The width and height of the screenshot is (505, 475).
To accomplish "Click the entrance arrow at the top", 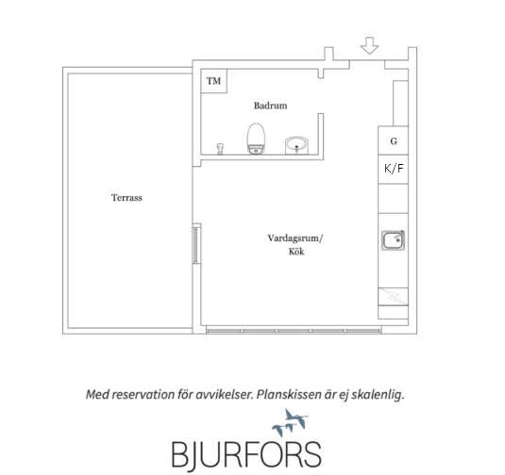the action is click(369, 45).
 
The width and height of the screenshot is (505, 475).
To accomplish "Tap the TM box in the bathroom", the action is click(214, 81).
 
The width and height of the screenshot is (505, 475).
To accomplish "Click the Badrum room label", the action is click(271, 106).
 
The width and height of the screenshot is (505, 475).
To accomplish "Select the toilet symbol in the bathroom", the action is click(256, 139).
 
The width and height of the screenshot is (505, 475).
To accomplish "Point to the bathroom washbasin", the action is click(296, 145).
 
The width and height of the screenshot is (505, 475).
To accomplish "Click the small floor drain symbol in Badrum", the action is click(220, 149).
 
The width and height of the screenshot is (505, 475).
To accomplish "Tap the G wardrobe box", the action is click(393, 140).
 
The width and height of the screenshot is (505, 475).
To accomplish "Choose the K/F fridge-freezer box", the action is click(393, 169).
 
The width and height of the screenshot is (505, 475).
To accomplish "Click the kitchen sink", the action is click(393, 240).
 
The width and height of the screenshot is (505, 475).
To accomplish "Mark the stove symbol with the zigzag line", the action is click(393, 296).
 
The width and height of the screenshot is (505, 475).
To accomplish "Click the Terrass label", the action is click(126, 198).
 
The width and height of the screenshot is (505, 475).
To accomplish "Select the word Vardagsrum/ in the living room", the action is click(295, 238).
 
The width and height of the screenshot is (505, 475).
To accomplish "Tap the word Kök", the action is click(296, 252).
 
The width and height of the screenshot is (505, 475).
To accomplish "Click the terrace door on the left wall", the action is click(195, 245).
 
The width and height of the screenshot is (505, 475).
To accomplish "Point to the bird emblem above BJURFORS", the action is click(290, 422).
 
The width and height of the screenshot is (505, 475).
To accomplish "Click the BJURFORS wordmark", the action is click(246, 453).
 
